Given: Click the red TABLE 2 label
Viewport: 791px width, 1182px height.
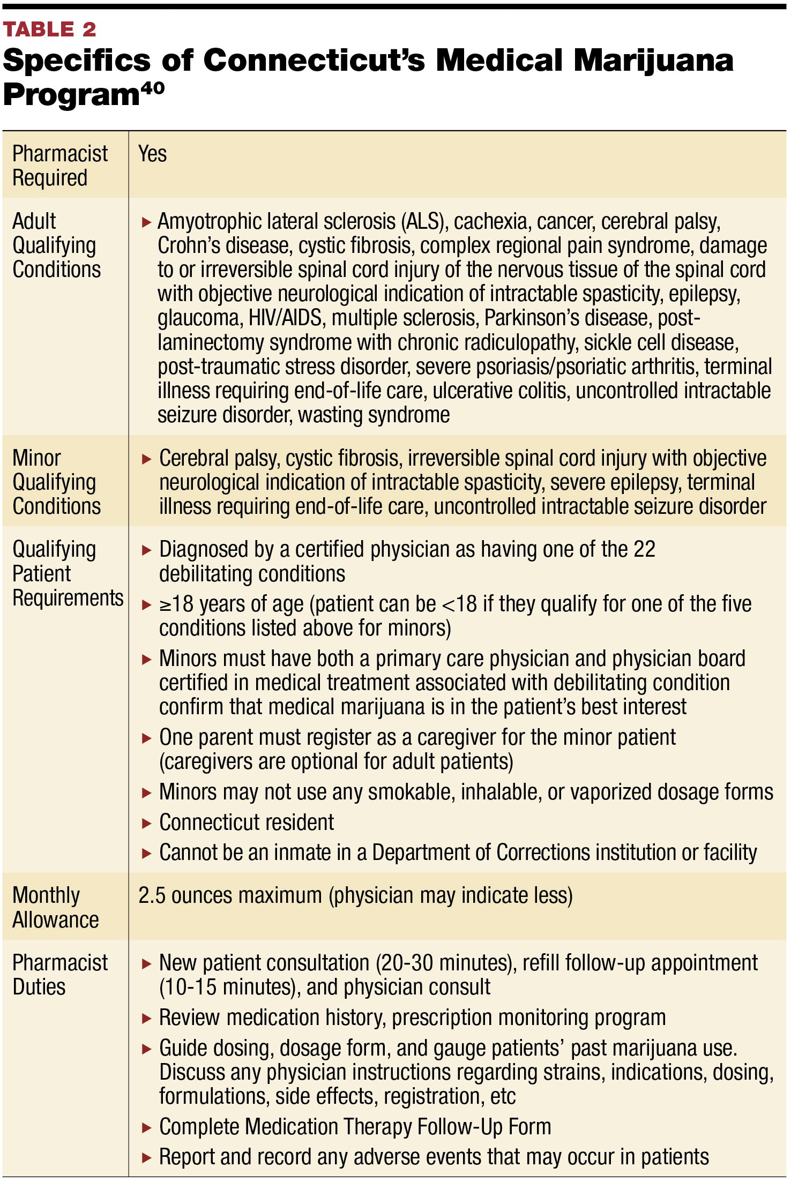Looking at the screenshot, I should [49, 29].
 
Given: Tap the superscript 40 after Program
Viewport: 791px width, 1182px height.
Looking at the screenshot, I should [152, 88].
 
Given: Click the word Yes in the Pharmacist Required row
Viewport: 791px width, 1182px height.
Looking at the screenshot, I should [152, 154].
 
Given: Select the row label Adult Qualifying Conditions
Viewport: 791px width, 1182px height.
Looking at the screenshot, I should [56, 245].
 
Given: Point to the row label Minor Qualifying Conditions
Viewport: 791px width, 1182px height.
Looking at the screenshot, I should [56, 482].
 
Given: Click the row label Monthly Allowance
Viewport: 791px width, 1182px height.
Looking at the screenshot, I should [55, 907].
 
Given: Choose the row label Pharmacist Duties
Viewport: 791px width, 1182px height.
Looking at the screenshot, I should [59, 975].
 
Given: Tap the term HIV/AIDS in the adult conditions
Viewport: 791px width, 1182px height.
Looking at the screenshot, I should [285, 318].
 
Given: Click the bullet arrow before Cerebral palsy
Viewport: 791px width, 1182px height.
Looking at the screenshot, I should [146, 459].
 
